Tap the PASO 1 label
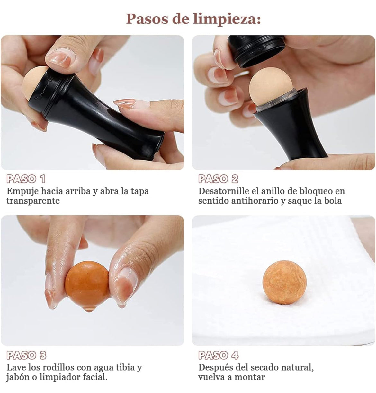(x=26, y=179)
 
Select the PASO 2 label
(x=218, y=179)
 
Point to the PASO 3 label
(x=26, y=355)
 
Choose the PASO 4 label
(x=218, y=355)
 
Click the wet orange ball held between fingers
(x=86, y=283)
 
